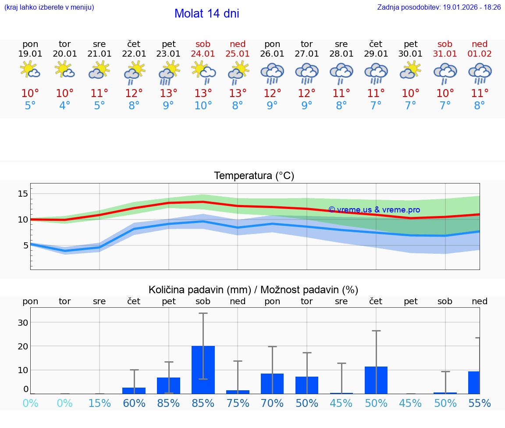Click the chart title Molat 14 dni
pos(206,14)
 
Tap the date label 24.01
pos(203,54)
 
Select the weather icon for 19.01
pos(30,70)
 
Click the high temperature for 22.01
pos(134,94)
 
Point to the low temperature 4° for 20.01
pos(65,106)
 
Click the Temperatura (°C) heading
pos(254,176)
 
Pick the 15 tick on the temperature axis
pos(23,194)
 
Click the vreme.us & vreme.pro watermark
pos(374,210)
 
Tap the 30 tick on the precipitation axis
pos(23,323)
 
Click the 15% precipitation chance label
pos(100,403)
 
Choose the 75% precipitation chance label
pos(238,403)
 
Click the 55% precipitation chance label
pos(480,403)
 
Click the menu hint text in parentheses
pos(49,7)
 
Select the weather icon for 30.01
pos(410,70)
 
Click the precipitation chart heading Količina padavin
pos(253,290)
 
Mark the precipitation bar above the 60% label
pos(134,391)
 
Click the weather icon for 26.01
pos(272,72)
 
